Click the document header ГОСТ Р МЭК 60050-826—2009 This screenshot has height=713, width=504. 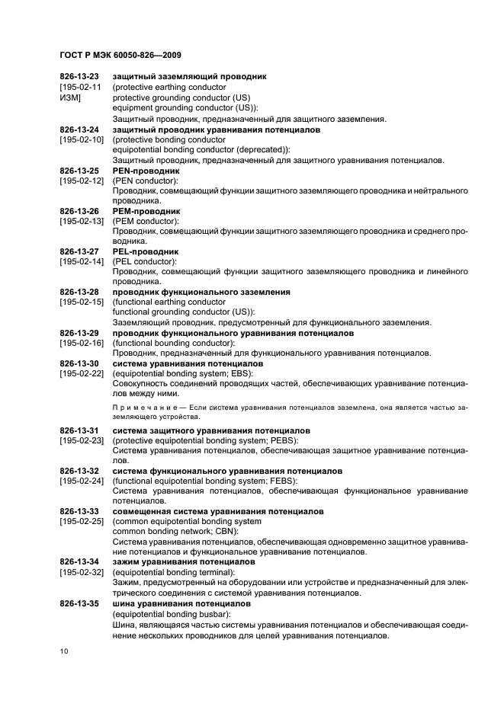point(120,55)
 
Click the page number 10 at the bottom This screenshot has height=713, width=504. point(64,651)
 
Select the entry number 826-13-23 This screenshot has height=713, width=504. point(79,77)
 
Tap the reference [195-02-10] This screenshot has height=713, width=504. point(80,140)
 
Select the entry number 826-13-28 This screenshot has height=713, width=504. point(79,291)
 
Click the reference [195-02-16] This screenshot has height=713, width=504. point(80,342)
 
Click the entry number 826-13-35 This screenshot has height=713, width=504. point(79,601)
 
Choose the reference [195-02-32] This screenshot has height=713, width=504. point(80,571)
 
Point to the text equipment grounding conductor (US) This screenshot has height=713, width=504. point(181,107)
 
